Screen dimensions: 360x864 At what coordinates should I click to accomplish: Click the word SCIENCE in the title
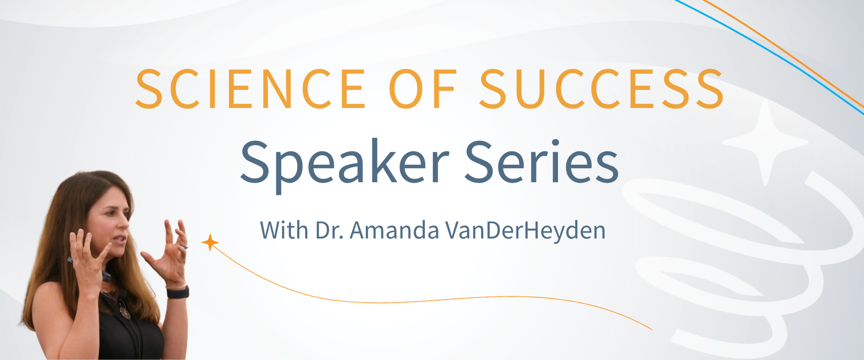(250, 89)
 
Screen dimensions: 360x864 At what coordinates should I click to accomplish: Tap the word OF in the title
(423, 89)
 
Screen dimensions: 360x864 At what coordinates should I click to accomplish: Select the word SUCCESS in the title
(602, 89)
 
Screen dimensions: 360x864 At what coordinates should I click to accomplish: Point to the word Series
(541, 162)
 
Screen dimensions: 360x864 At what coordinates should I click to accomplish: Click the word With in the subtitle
(284, 230)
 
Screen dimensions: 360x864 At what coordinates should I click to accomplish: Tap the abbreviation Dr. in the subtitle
(330, 230)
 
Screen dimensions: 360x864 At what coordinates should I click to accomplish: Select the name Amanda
(394, 230)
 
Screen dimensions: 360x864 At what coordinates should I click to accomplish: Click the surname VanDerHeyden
(525, 230)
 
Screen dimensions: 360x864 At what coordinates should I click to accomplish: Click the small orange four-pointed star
(210, 243)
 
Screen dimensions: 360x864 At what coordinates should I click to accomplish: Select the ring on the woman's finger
(184, 247)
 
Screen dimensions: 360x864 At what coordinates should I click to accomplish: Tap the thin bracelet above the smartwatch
(176, 286)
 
